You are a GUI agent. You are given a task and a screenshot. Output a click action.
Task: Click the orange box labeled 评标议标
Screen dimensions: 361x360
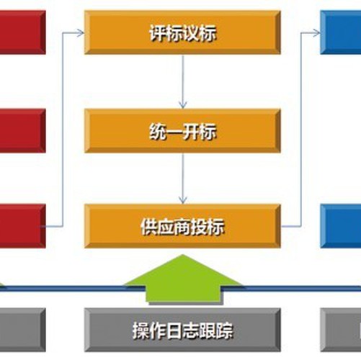click(182, 32)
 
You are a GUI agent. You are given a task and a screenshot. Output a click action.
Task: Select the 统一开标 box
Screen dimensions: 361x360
click(182, 131)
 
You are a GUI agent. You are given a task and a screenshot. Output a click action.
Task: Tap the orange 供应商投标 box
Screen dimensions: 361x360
click(182, 226)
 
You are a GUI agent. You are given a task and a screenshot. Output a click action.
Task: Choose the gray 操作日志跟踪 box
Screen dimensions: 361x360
click(182, 330)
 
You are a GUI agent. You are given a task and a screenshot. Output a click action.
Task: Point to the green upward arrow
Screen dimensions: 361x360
click(183, 279)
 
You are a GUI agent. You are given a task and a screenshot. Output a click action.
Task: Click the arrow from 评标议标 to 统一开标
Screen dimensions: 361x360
click(183, 82)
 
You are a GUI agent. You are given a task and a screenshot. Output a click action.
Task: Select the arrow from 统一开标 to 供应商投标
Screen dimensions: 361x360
click(183, 179)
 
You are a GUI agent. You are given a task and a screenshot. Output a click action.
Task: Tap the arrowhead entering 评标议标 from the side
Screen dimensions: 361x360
click(81, 32)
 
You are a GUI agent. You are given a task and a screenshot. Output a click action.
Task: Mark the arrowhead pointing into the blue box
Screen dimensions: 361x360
click(316, 32)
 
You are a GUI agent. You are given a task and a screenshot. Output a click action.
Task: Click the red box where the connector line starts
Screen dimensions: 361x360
click(22, 226)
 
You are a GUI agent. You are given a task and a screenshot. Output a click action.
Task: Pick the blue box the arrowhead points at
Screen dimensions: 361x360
click(341, 32)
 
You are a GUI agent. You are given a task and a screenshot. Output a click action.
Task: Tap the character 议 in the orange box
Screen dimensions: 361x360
click(191, 33)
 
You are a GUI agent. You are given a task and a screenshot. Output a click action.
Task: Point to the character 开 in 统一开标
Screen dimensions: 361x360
click(191, 131)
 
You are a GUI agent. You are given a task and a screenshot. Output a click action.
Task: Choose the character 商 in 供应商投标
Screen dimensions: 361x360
click(182, 227)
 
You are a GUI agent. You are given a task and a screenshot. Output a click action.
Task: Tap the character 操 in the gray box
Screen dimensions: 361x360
click(141, 330)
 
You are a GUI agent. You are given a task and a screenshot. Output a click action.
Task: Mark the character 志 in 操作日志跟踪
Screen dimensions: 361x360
click(191, 330)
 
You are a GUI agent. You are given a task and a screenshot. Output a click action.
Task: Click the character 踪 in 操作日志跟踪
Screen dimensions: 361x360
click(224, 330)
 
